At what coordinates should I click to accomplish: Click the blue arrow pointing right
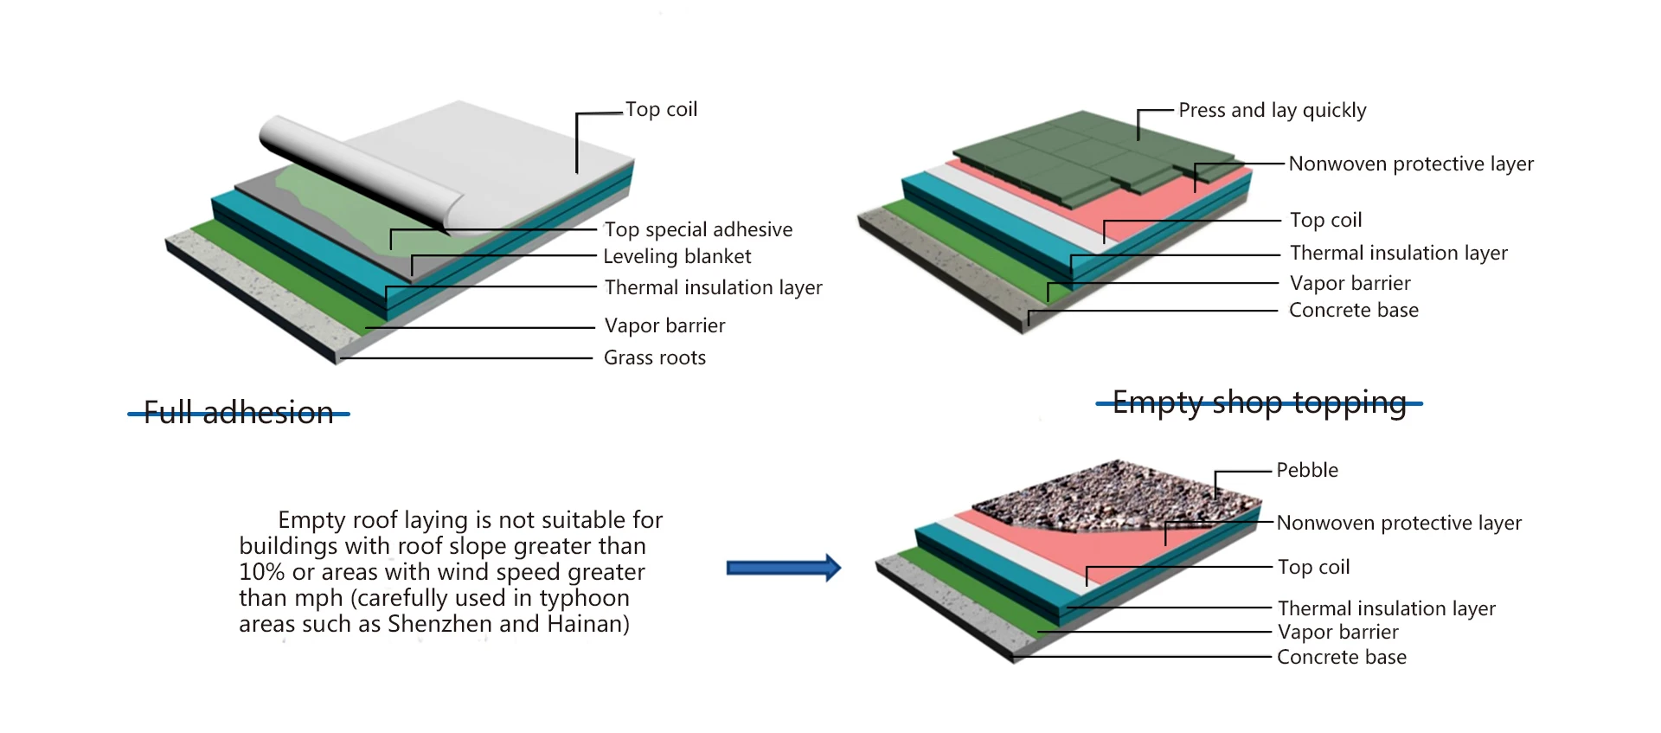coord(783,568)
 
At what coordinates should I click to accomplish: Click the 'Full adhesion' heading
coord(239,413)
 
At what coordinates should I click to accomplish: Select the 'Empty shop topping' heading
coord(1259,402)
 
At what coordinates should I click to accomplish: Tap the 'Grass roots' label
coord(655,357)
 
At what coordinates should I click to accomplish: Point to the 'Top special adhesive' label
coord(698,229)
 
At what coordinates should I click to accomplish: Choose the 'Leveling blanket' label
coord(677,256)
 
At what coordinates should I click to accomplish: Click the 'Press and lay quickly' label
coord(1272,110)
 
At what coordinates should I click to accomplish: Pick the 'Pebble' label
coord(1307,470)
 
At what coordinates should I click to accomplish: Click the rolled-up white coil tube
coord(346,164)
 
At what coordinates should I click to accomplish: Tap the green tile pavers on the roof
coord(1090,156)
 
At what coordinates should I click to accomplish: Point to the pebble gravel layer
coord(1116,493)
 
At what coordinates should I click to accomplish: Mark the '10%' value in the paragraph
coord(262,572)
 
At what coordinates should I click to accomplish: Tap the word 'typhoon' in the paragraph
coord(584,598)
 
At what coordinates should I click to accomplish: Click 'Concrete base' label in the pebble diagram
coord(1342,657)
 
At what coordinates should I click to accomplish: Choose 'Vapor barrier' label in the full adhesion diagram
coord(664,325)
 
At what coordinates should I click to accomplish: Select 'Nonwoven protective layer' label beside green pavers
coord(1411,164)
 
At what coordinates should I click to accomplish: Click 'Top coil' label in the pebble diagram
coord(1314,567)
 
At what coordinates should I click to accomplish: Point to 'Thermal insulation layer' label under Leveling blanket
coord(713,287)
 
